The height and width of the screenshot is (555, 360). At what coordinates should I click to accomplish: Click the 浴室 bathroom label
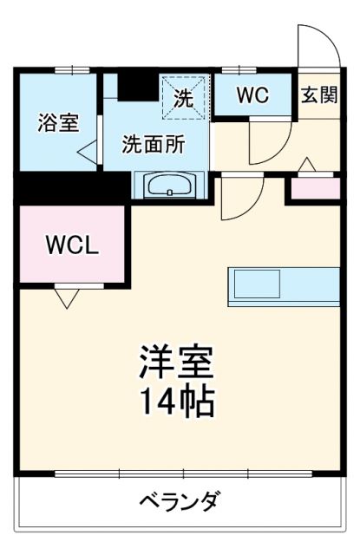point(58,123)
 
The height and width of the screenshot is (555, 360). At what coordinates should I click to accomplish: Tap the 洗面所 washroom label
point(153,144)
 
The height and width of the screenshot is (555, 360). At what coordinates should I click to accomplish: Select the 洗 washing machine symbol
point(184,97)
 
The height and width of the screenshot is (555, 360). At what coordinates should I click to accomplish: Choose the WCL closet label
point(72,245)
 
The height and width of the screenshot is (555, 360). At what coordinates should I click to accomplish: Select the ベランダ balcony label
point(180,502)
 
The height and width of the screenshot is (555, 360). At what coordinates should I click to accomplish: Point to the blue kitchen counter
point(284,285)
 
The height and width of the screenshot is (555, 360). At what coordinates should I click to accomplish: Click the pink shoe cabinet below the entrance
point(312,187)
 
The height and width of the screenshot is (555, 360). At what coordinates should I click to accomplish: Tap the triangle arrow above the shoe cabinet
point(307,165)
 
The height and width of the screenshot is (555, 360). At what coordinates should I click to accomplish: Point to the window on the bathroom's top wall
point(71,69)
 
